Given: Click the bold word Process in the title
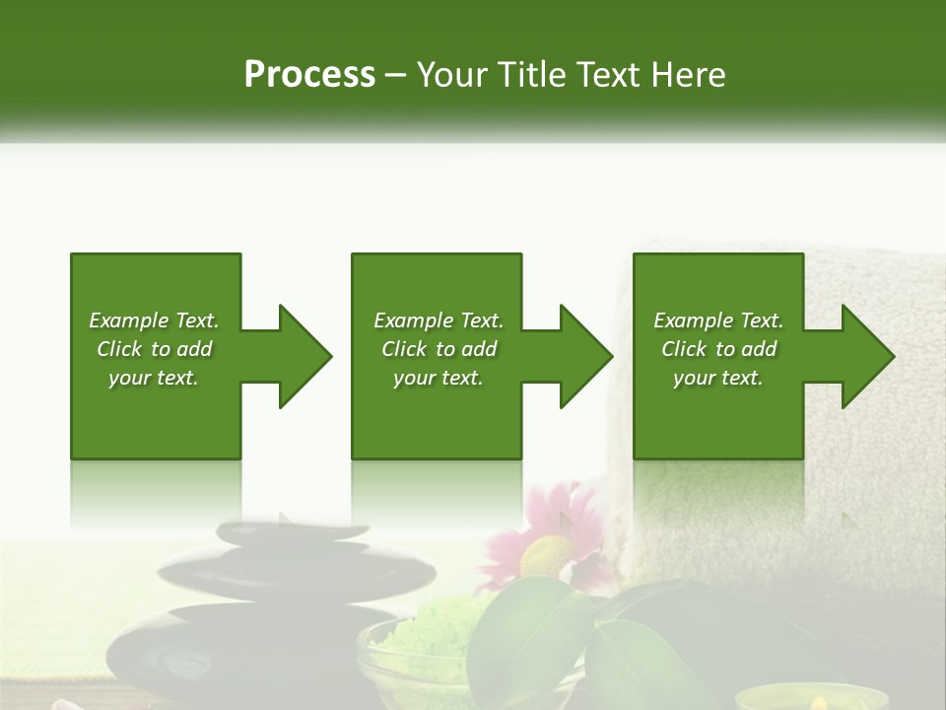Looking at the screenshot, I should click(x=309, y=75).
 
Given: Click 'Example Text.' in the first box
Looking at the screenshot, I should click(x=154, y=320).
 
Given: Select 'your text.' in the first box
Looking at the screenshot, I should click(x=154, y=378).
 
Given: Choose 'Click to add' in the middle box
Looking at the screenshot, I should click(x=439, y=349).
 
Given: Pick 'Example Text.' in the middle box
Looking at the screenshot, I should click(x=439, y=320).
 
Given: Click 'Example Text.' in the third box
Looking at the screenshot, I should click(x=718, y=320).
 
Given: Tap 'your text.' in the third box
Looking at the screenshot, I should click(x=718, y=378).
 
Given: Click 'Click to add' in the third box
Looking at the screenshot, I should click(x=718, y=349).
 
